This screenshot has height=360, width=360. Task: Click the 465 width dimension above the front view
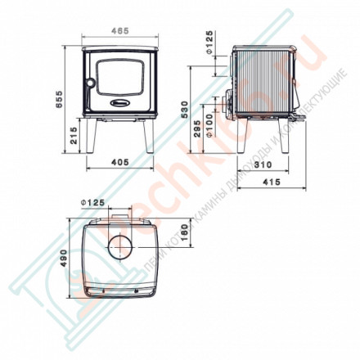pyautogui.click(x=119, y=31)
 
